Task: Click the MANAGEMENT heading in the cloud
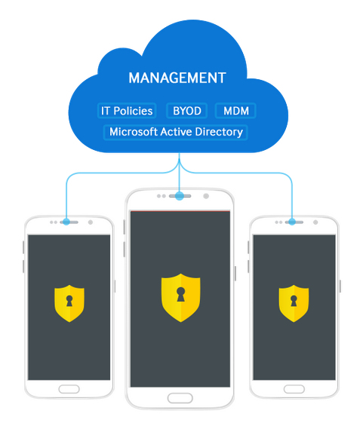pos(177,78)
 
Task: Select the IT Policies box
pos(127,111)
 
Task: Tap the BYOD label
pos(187,111)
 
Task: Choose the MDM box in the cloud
pos(235,111)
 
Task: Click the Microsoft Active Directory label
pos(176,132)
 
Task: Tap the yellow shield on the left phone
pos(69,303)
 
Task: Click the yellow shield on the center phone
pos(181,298)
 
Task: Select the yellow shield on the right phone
pos(294,303)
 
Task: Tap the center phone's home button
pos(180,398)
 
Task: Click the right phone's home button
pos(294,389)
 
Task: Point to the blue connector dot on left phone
pos(66,222)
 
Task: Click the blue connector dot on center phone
pos(179,196)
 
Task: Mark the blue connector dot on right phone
pos(292,222)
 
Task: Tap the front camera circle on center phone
pos(206,196)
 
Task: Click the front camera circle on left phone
pos(91,222)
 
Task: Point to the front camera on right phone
pos(315,222)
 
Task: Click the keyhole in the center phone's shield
pos(181,294)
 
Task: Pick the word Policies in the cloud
pos(133,111)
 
